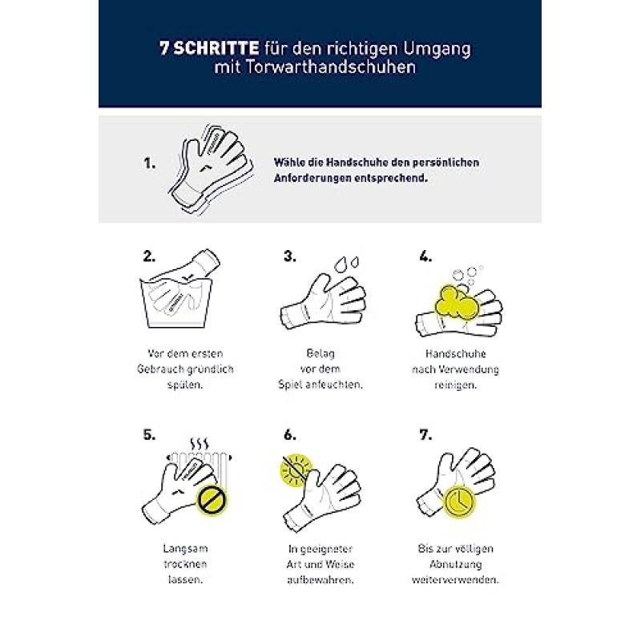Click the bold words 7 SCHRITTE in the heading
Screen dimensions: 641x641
(x=207, y=48)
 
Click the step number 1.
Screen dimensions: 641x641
(x=149, y=163)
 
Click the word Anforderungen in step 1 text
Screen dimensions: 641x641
(x=312, y=178)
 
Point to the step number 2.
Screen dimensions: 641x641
(x=149, y=257)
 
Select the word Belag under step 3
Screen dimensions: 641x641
(x=320, y=353)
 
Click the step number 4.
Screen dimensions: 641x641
(x=425, y=257)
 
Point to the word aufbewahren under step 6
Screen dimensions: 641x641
(x=320, y=579)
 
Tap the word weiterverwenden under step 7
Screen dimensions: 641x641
(x=455, y=579)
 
